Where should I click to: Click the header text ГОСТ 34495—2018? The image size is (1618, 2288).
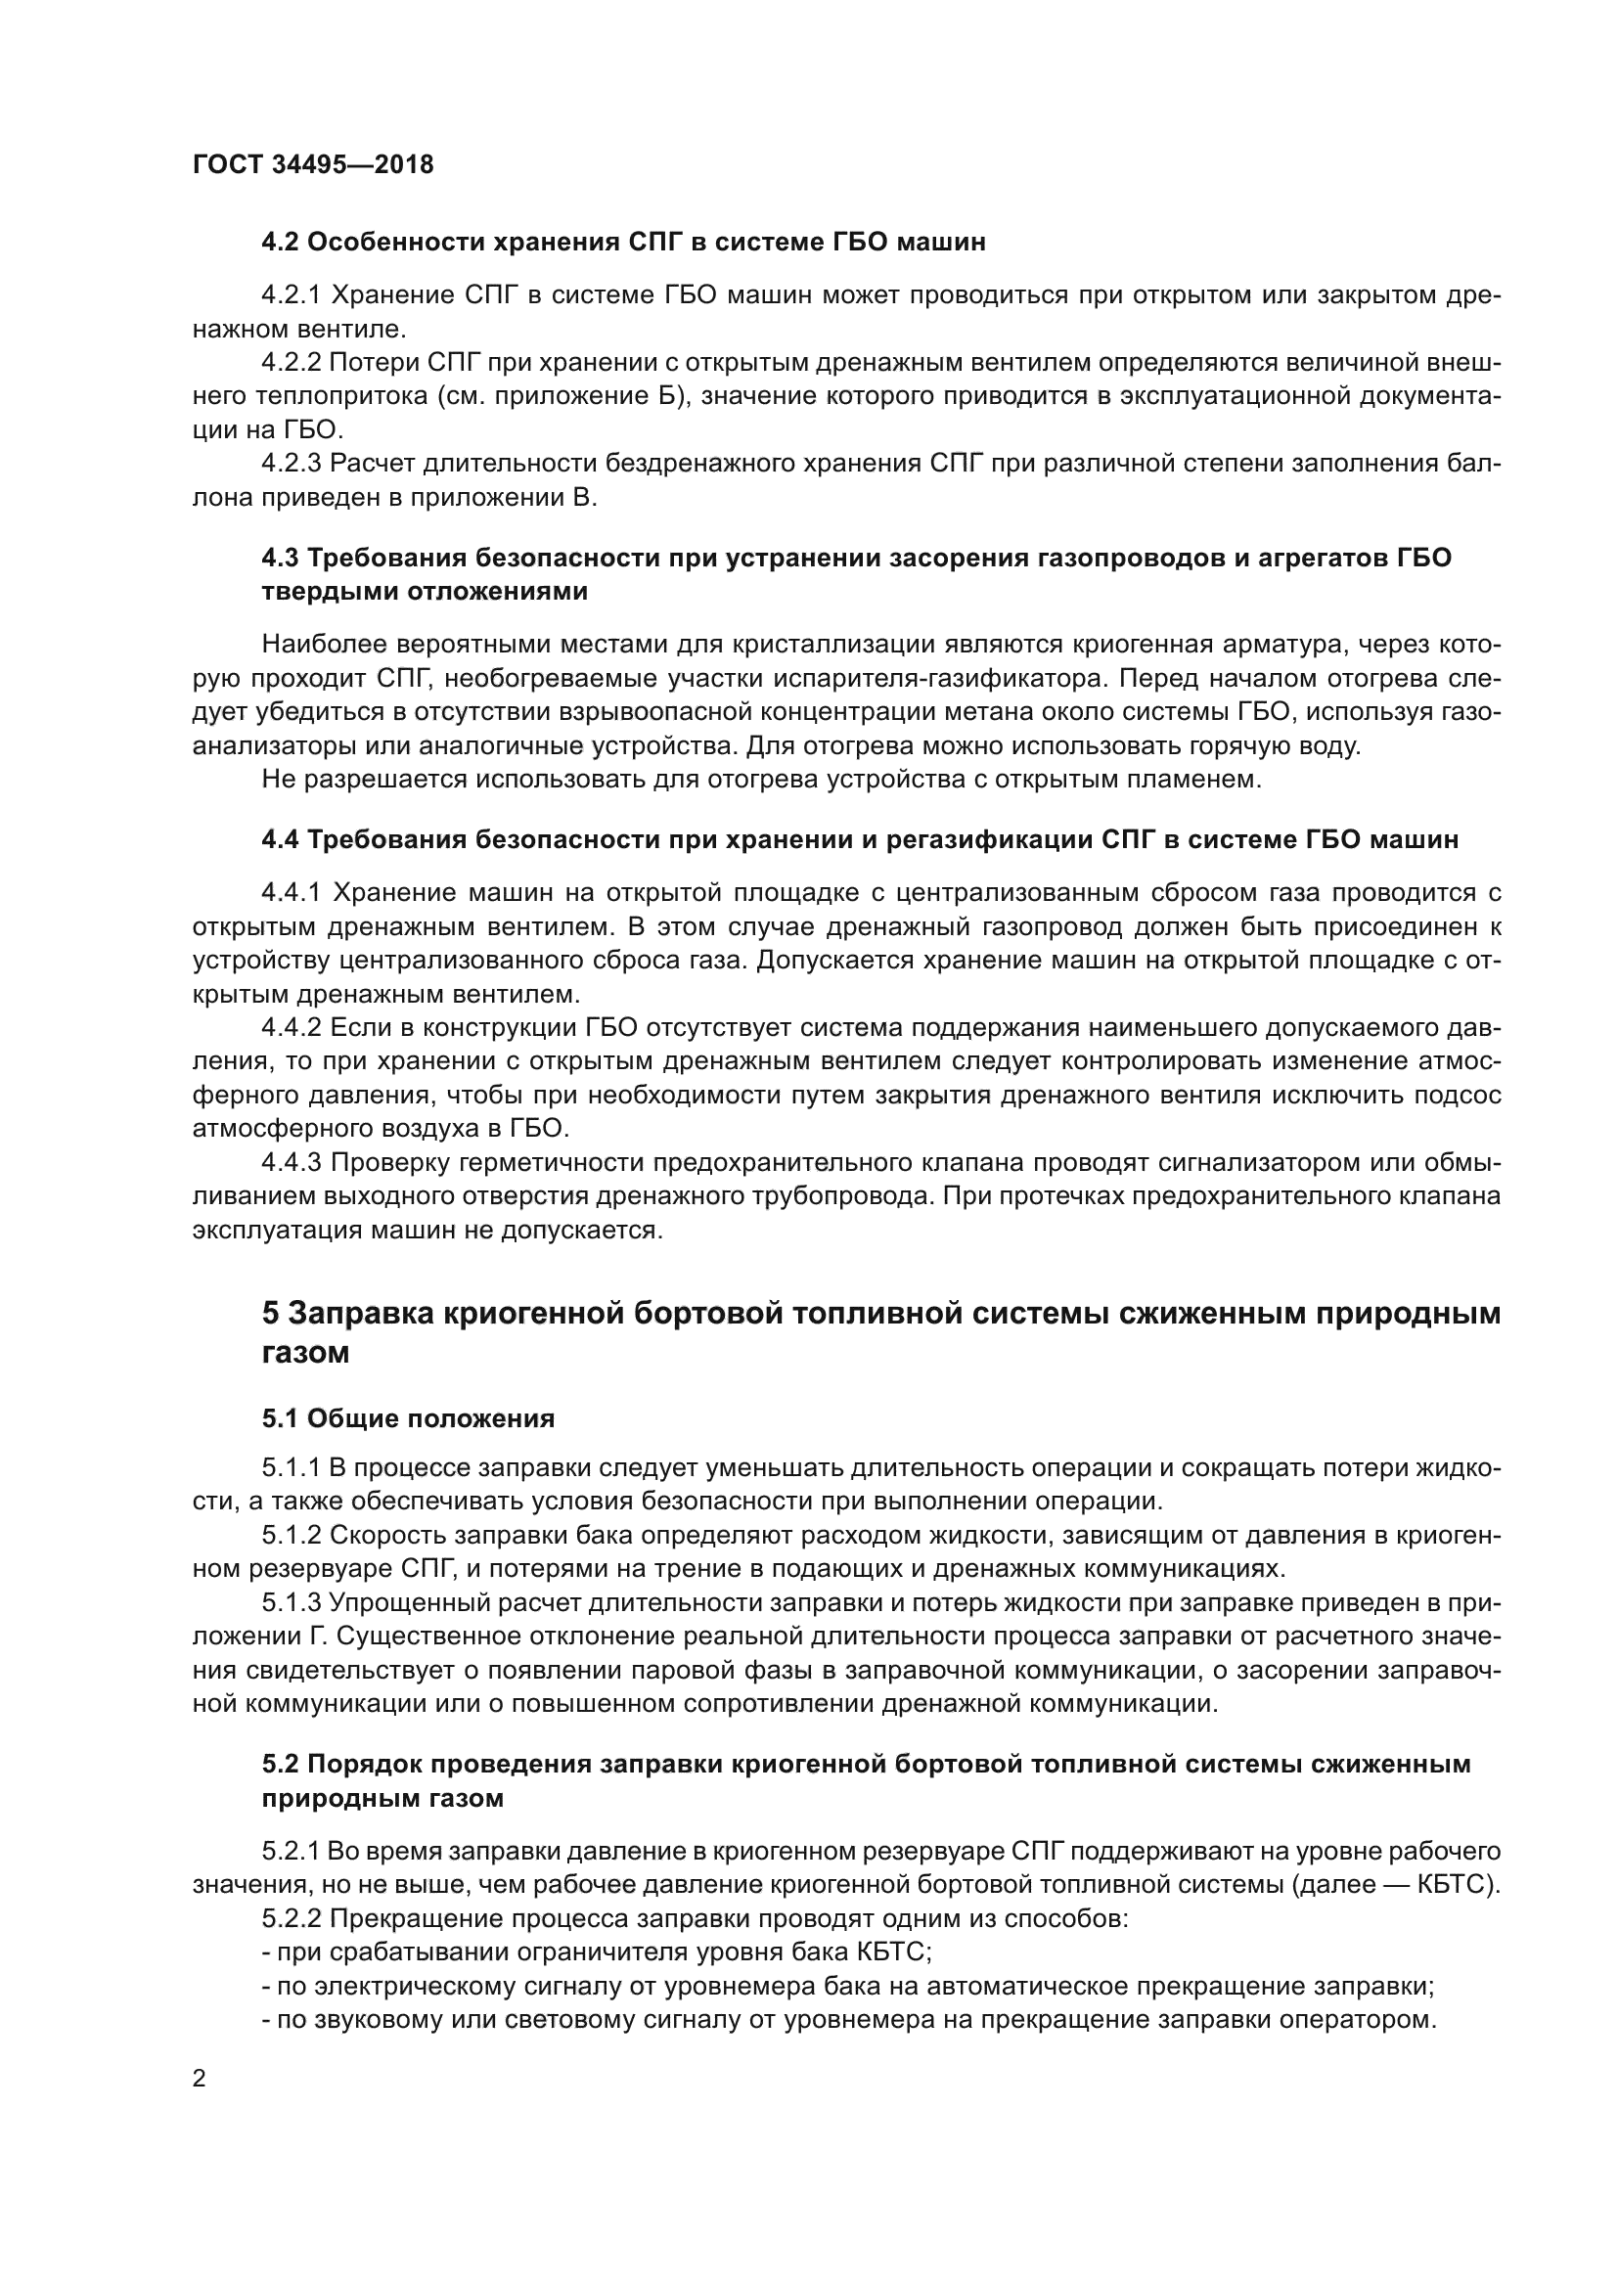(313, 165)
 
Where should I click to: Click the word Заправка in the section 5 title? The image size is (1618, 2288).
(360, 1315)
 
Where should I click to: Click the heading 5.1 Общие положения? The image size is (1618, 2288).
(409, 1418)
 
